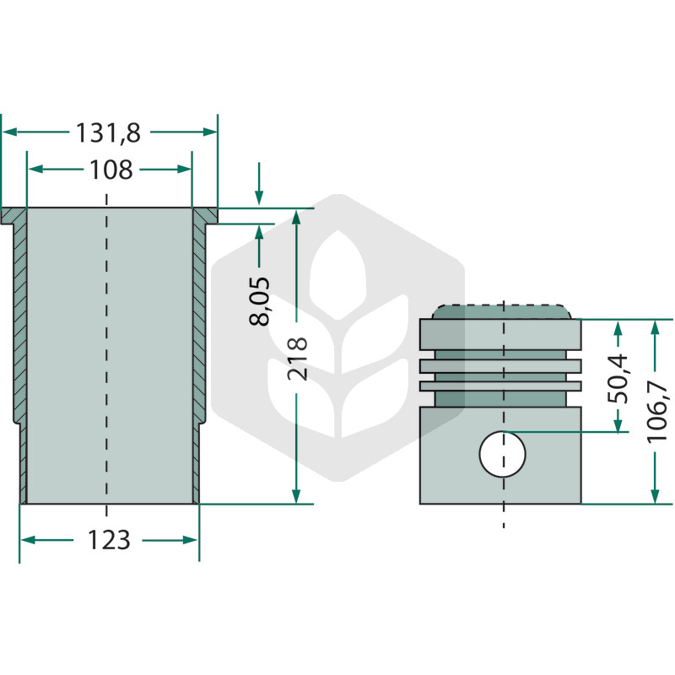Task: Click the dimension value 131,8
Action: coord(108,133)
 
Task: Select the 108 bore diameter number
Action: coord(111,170)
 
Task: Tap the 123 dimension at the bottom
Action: coord(109,540)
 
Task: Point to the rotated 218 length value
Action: coord(298,358)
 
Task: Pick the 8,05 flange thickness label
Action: coord(260,301)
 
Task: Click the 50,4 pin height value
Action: coord(618,379)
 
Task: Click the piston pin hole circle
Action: coord(503,454)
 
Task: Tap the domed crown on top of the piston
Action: coord(502,311)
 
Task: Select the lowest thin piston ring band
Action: coord(500,386)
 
